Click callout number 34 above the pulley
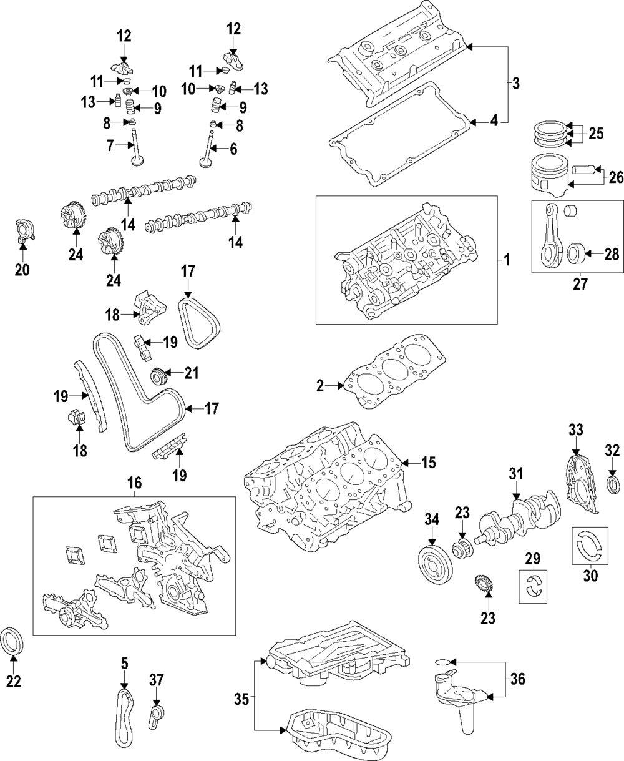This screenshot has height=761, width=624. [432, 518]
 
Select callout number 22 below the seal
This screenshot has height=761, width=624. [13, 681]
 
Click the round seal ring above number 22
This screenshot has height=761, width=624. [13, 643]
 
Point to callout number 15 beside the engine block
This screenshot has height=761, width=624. [427, 463]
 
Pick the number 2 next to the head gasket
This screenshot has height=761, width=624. [320, 386]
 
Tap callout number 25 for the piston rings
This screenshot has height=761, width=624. [596, 133]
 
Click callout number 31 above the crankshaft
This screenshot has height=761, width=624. [515, 474]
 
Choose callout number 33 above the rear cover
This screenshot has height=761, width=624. [575, 430]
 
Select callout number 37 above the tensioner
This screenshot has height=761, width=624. [155, 679]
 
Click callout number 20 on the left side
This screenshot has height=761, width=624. [22, 270]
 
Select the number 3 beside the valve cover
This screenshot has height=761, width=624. [515, 84]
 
